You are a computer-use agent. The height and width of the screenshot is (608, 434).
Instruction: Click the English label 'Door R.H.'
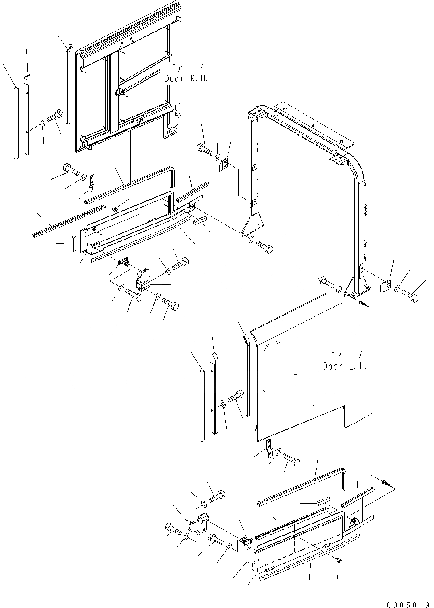[x=186, y=78]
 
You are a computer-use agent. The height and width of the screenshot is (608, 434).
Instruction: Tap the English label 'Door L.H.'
[x=345, y=367]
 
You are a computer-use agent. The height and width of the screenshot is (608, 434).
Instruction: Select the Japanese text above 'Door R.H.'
[x=187, y=68]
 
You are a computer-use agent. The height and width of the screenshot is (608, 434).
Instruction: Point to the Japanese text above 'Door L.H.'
[x=346, y=356]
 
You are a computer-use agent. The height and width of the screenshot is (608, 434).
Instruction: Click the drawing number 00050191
[x=409, y=604]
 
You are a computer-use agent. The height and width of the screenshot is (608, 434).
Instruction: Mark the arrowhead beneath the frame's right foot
[x=363, y=304]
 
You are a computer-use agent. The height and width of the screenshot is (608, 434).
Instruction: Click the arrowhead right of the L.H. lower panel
[x=388, y=483]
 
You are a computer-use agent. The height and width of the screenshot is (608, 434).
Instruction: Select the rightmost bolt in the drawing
[x=410, y=295]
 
